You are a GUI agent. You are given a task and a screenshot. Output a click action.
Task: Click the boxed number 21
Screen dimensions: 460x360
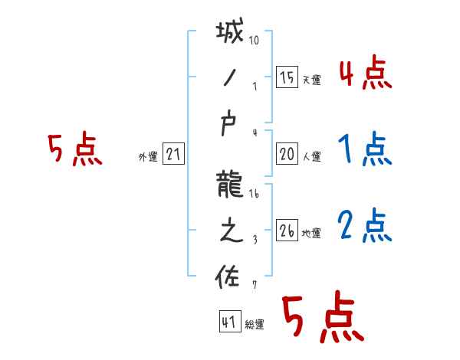pos(173,154)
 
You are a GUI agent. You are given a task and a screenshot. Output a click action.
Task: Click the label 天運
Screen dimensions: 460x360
pos(311,80)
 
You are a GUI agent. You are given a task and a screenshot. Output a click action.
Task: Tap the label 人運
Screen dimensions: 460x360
pos(311,156)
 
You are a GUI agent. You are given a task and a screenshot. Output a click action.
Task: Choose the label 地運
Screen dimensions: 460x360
pos(311,233)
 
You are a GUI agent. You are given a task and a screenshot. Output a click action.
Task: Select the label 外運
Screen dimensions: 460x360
pos(147,156)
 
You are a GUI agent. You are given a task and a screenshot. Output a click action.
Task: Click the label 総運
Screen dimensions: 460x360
pos(255,325)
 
